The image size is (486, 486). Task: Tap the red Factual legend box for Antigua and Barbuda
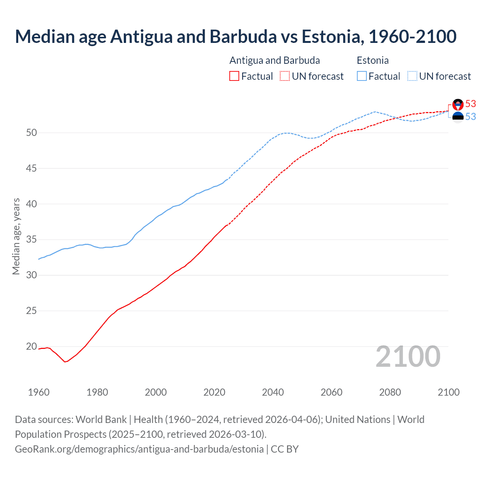[x=234, y=76]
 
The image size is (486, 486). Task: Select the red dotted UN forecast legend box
[x=285, y=76]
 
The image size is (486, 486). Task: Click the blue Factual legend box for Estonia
[x=362, y=76]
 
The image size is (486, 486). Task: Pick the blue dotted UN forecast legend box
[x=412, y=76]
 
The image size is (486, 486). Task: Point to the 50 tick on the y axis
[x=32, y=133]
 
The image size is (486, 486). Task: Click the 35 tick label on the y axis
[x=32, y=240]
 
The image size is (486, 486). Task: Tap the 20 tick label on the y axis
[x=32, y=346]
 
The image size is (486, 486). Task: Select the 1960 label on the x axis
[x=39, y=392]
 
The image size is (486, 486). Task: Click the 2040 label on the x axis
[x=273, y=392]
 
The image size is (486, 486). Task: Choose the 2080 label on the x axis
[x=390, y=392]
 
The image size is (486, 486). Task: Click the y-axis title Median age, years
[x=16, y=236]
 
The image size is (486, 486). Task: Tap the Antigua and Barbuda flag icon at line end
[x=458, y=104]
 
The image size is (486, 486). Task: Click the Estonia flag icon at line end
[x=458, y=117]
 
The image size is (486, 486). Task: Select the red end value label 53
[x=471, y=104]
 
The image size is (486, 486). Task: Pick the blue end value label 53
[x=471, y=117]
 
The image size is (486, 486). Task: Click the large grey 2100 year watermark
[x=408, y=357]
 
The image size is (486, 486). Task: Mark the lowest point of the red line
[x=65, y=362]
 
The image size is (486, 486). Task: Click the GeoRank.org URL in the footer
[x=139, y=449]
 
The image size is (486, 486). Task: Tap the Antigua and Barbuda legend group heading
[x=275, y=60]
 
